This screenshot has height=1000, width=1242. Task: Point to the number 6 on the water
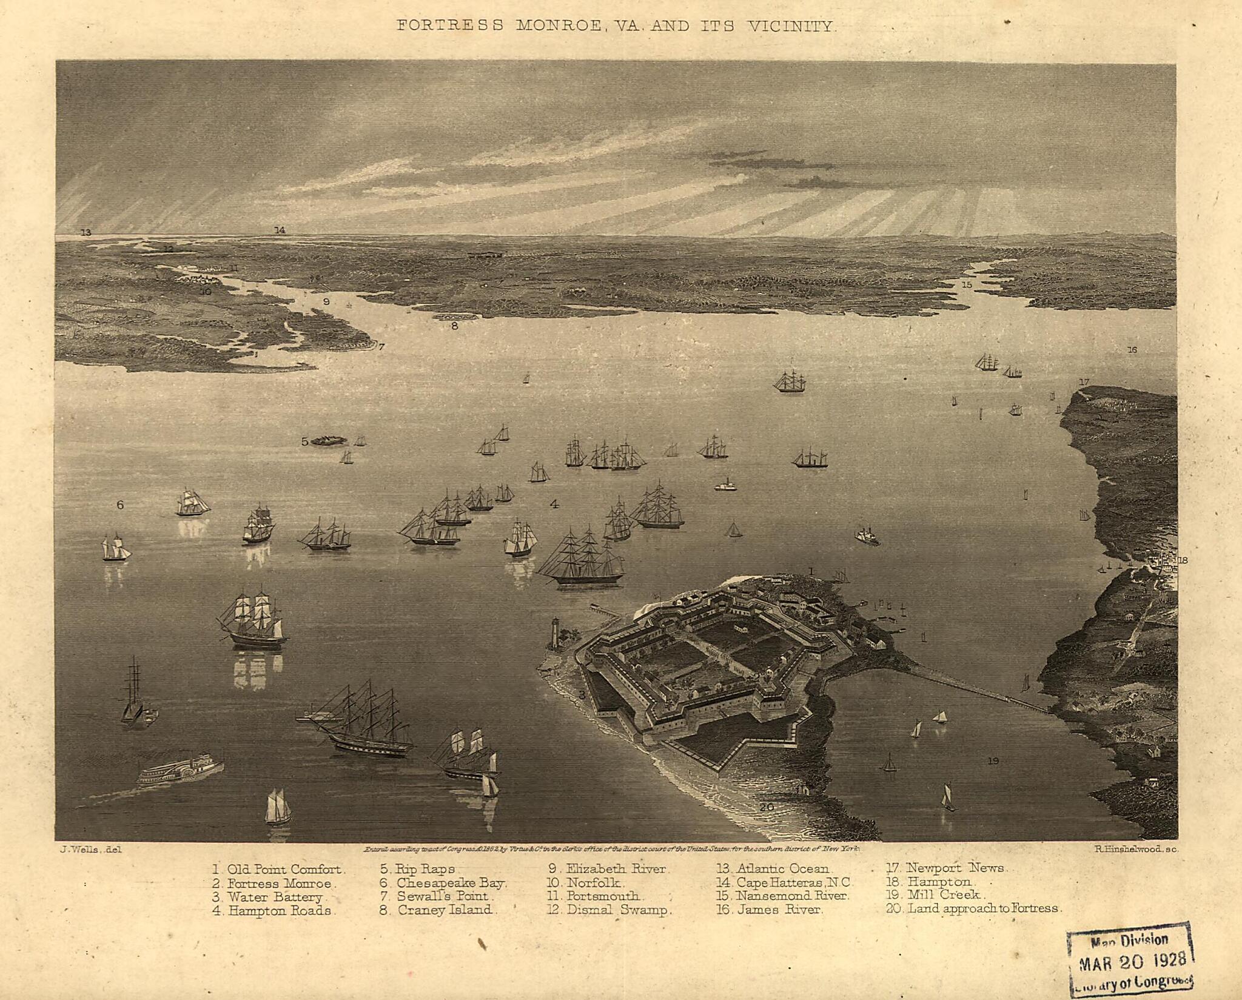point(120,505)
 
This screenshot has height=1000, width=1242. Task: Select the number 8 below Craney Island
point(454,326)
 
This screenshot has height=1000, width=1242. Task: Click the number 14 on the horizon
point(279,230)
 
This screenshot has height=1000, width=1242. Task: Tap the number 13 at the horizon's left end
point(86,232)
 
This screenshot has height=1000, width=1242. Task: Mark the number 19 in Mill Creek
point(992,760)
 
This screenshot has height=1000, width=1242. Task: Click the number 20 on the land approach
point(767,807)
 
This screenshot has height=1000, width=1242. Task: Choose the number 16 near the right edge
point(1132,350)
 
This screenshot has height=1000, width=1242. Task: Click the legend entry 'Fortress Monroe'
point(273,884)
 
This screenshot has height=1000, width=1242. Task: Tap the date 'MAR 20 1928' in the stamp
point(1133,965)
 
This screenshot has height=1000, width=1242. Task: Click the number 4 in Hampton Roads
point(554,503)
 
